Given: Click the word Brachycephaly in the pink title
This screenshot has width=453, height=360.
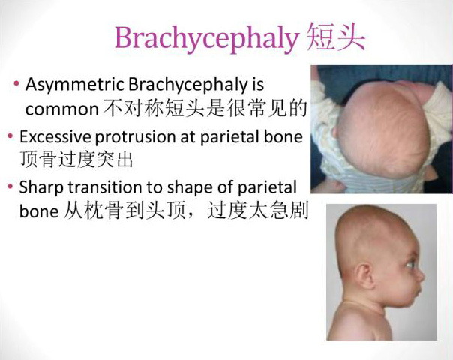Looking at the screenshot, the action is pyautogui.click(x=206, y=39).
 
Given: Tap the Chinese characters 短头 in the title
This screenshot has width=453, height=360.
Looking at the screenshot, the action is pyautogui.click(x=336, y=37).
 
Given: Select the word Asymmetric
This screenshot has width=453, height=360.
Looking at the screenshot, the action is pyautogui.click(x=75, y=85).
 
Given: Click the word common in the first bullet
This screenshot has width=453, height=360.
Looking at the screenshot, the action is pyautogui.click(x=62, y=109).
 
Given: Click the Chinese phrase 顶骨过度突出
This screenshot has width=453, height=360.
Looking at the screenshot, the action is pyautogui.click(x=76, y=159).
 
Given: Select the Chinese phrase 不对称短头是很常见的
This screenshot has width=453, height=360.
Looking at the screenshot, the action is pyautogui.click(x=205, y=108).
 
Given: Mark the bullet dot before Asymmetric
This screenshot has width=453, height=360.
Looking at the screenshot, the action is pyautogui.click(x=16, y=84).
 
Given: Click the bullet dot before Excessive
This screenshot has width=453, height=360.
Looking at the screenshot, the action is pyautogui.click(x=10, y=136).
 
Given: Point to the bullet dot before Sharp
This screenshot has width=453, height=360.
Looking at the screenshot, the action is pyautogui.click(x=10, y=186).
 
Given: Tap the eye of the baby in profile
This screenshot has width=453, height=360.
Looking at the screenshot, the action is pyautogui.click(x=410, y=264).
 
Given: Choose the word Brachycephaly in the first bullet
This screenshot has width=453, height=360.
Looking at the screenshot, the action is pyautogui.click(x=189, y=85).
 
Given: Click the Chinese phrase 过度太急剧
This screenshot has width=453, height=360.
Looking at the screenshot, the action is pyautogui.click(x=258, y=211).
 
